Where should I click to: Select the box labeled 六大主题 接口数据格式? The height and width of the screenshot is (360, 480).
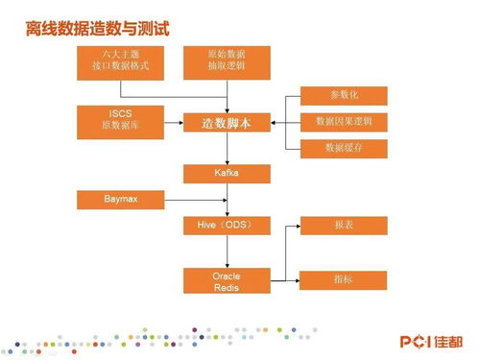(x=120, y=61)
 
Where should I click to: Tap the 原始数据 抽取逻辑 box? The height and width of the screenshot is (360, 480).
(x=227, y=61)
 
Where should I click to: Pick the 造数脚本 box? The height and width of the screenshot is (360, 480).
(x=227, y=123)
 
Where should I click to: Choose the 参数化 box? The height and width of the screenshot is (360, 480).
(x=344, y=95)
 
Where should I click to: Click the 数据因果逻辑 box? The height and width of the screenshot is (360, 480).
(x=344, y=122)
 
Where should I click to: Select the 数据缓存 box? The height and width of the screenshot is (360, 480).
(x=344, y=149)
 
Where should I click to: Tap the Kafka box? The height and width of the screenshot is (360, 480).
(x=227, y=174)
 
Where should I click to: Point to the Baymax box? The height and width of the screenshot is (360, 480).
(x=120, y=200)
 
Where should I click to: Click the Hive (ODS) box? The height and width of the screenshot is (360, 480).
(x=227, y=226)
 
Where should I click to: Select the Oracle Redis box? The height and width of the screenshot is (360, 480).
(x=227, y=281)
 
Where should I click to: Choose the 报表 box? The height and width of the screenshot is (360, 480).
(x=344, y=226)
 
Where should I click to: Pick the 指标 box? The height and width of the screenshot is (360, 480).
(x=344, y=279)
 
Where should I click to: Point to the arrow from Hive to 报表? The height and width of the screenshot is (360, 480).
(x=285, y=226)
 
